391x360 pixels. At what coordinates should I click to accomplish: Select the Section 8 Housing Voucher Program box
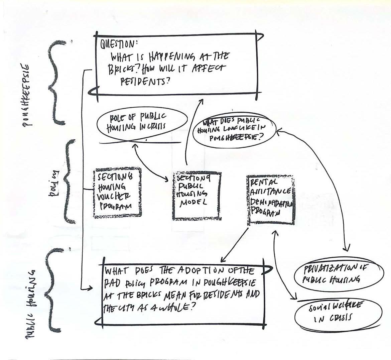(117, 193)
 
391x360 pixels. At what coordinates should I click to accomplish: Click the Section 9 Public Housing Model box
(197, 196)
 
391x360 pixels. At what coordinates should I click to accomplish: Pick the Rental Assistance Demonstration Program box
(271, 200)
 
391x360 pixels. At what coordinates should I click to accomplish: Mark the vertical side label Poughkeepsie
(28, 95)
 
